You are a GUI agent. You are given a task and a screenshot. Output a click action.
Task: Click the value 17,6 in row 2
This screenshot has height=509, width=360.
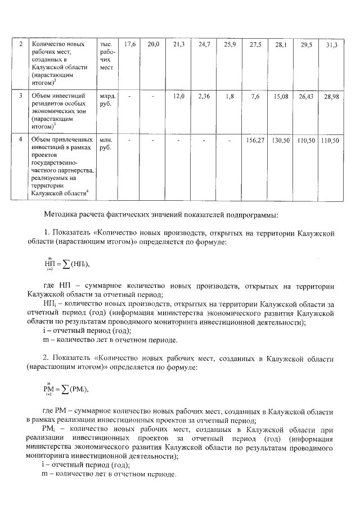point(130,44)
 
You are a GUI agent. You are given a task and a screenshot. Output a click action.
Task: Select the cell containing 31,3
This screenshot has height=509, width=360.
point(331,44)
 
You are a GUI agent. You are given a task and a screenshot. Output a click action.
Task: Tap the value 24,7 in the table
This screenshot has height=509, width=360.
point(204,44)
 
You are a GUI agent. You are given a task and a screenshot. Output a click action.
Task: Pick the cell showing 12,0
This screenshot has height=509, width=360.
point(179,97)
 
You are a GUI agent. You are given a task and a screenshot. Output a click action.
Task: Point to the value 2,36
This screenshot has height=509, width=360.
point(204,97)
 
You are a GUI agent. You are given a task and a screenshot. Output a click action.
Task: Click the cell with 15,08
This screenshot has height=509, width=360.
point(281,97)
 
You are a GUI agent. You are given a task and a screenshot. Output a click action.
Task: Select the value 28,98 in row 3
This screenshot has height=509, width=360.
point(331,97)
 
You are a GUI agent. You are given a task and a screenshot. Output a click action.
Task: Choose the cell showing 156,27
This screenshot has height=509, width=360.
point(255,140)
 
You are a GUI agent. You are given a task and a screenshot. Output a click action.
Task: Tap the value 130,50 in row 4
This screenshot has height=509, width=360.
point(281,140)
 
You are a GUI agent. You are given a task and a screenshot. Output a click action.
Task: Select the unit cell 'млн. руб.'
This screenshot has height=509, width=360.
point(106,144)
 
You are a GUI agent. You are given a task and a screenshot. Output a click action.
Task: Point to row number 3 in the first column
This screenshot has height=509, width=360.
point(21,96)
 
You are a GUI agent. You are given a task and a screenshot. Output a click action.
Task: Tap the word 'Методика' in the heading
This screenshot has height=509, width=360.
point(62,214)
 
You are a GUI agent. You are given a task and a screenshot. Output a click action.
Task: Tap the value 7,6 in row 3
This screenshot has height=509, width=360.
point(255,97)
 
